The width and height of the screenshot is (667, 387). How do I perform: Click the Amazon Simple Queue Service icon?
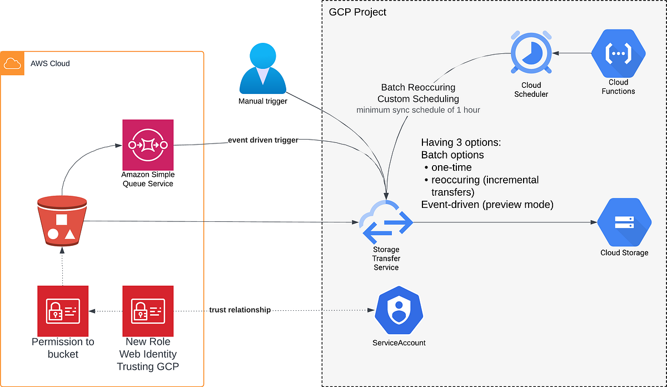[x=148, y=145]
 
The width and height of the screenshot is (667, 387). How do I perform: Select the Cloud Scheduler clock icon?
[x=531, y=53]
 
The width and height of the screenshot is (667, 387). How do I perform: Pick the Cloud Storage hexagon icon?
[x=624, y=222]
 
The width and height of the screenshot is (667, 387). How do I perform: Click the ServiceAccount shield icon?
[x=399, y=310]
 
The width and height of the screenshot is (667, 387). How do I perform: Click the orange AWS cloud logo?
[x=12, y=63]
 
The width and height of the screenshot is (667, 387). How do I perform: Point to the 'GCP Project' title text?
[x=358, y=12]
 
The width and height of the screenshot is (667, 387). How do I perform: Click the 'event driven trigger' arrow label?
[x=263, y=140]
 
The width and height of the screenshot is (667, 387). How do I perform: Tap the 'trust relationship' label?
[x=240, y=310]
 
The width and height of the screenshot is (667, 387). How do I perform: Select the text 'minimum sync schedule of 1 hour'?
[x=418, y=110]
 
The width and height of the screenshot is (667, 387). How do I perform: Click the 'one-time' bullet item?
[x=451, y=167]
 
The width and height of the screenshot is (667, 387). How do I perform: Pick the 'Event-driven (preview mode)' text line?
[x=487, y=204]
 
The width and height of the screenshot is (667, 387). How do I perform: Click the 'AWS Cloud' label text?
[x=50, y=63]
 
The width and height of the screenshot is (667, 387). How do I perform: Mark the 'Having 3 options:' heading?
[x=461, y=142]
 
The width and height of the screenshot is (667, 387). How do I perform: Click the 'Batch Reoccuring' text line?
[x=418, y=87]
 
